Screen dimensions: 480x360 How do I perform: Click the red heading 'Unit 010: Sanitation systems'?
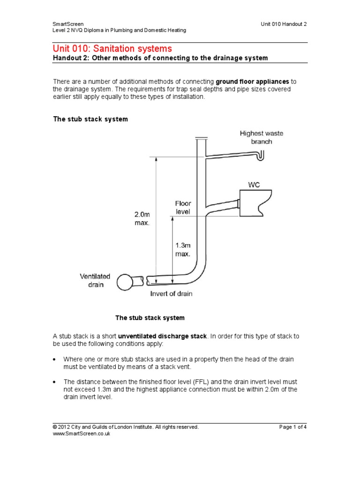click(x=112, y=49)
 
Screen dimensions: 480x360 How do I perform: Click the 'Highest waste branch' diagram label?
click(x=262, y=137)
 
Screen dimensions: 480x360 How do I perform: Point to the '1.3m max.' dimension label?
click(x=182, y=249)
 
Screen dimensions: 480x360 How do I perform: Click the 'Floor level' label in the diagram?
click(x=183, y=207)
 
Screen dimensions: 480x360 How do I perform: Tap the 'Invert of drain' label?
click(x=171, y=294)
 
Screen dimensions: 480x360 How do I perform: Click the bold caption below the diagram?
click(x=150, y=318)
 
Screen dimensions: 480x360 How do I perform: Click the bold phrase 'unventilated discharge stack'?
click(x=162, y=336)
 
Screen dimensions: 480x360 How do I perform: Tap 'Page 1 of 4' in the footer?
click(x=293, y=427)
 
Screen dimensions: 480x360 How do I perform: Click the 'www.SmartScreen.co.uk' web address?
click(x=81, y=434)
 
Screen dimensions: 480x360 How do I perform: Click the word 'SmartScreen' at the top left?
click(x=68, y=23)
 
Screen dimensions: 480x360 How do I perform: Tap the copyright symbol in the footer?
click(x=54, y=427)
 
